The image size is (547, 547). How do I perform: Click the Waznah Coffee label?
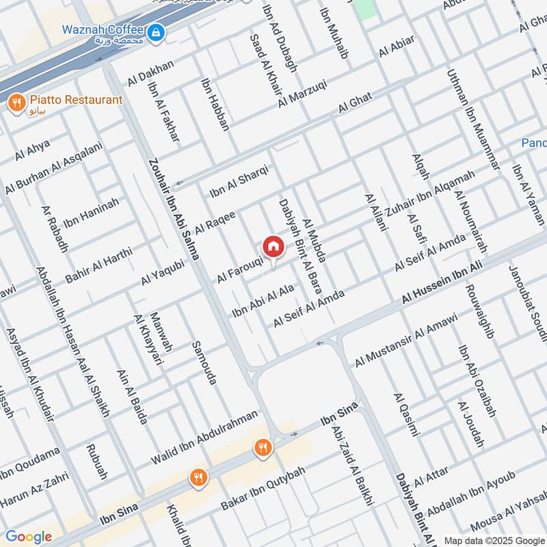pos(103,30)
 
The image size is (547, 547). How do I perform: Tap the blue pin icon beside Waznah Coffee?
pos(157,31)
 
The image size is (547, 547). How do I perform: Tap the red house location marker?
pos(273,246)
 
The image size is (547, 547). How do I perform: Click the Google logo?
pos(29,537)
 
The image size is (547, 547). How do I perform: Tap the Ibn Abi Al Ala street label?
pos(263,302)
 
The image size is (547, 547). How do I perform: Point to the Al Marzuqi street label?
pos(303,93)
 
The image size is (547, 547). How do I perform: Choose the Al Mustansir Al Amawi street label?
pos(405,339)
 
